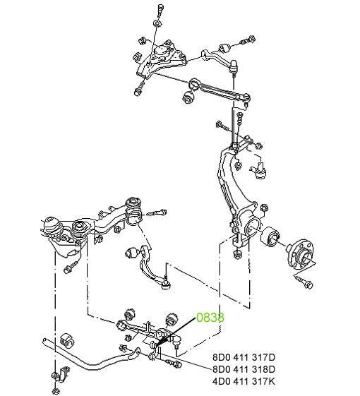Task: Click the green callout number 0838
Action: (x=210, y=318)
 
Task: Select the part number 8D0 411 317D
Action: (x=244, y=357)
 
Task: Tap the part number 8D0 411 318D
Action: (x=244, y=369)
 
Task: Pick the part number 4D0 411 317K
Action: (x=244, y=381)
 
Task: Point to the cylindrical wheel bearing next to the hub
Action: (x=270, y=236)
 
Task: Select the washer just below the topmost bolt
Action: (x=157, y=23)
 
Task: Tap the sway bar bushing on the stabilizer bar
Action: (x=68, y=341)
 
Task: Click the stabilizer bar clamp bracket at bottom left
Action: (x=61, y=373)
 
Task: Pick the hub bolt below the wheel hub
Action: (x=305, y=282)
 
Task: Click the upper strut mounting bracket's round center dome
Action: (x=161, y=52)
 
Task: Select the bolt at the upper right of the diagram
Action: (x=248, y=40)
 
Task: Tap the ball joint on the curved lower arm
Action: (x=166, y=285)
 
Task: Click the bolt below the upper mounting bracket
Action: (x=139, y=89)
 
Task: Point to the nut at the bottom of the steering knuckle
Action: (x=237, y=254)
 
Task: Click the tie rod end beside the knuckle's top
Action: (x=258, y=170)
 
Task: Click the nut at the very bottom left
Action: (x=55, y=391)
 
